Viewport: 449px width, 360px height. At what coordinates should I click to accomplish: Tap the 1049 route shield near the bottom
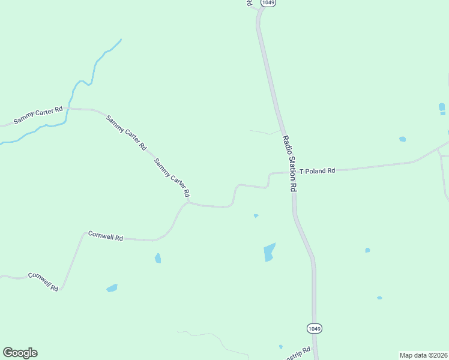(x=314, y=328)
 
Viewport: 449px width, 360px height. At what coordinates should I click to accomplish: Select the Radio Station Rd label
(x=290, y=163)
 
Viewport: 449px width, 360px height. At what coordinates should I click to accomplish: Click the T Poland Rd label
(x=317, y=171)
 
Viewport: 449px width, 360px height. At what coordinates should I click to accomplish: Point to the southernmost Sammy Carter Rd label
(x=172, y=178)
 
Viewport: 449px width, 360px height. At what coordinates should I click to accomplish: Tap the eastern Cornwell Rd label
(x=105, y=236)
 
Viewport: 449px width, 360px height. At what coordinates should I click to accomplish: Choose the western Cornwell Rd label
(x=43, y=281)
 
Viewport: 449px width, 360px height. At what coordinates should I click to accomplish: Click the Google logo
(x=20, y=353)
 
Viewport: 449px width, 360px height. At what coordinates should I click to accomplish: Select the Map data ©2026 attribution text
(x=424, y=355)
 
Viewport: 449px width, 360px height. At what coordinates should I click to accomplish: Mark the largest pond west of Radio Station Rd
(x=270, y=253)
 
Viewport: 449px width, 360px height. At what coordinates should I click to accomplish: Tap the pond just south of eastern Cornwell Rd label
(x=158, y=258)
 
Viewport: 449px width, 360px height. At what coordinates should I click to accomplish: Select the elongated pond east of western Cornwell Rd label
(x=112, y=289)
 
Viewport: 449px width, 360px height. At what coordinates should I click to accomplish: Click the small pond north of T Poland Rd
(x=402, y=139)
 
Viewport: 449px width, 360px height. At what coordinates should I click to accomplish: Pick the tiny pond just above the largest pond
(x=256, y=216)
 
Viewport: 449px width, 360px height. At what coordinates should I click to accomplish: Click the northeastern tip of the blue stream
(x=121, y=40)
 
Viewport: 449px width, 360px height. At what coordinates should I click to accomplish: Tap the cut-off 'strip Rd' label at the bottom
(x=298, y=351)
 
